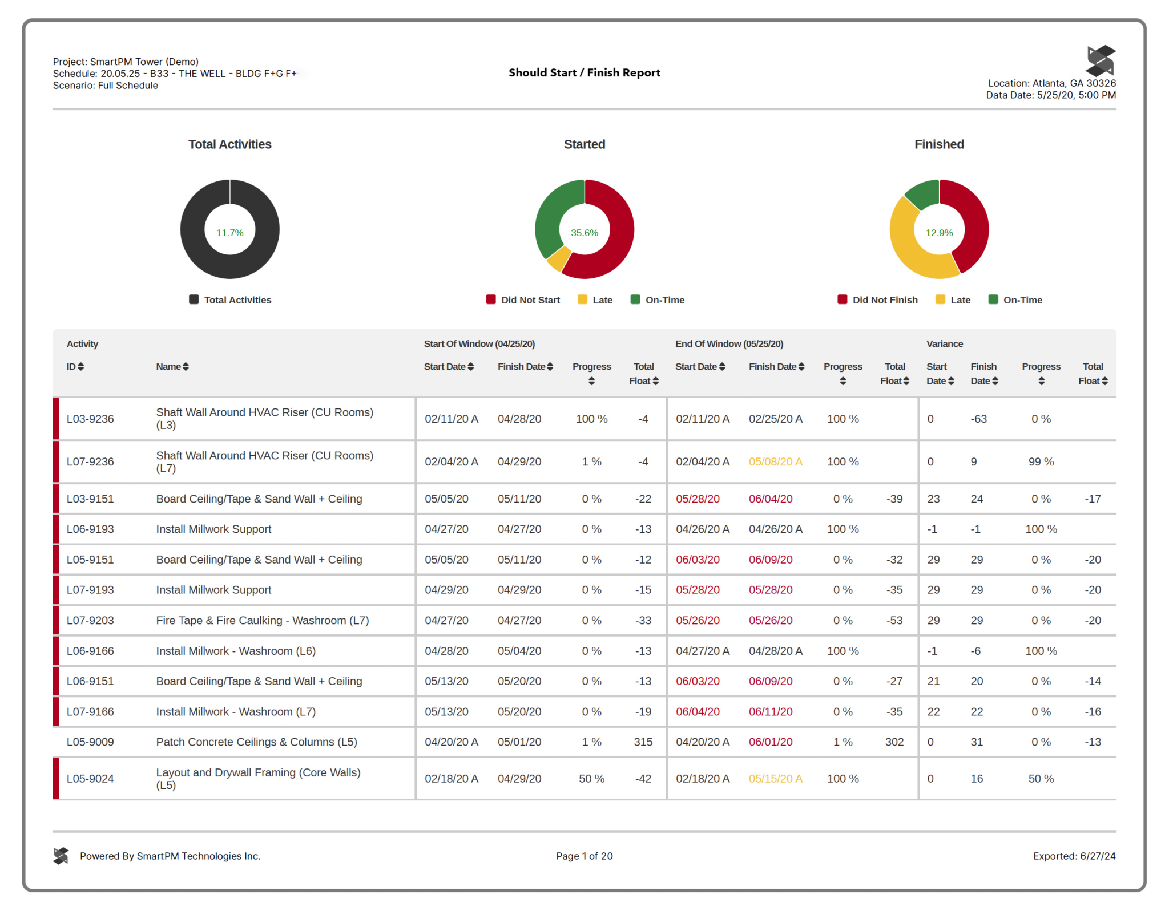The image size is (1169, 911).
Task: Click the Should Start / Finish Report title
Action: (x=584, y=72)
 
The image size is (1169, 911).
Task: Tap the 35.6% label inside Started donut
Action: (x=584, y=233)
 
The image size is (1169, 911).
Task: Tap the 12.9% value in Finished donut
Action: (x=939, y=233)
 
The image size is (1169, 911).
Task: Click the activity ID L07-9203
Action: (x=90, y=621)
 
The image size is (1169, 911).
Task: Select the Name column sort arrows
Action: (x=186, y=367)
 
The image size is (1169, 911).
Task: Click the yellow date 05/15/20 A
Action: (x=775, y=779)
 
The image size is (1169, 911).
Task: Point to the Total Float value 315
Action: (x=643, y=742)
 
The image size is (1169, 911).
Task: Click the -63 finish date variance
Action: (x=978, y=419)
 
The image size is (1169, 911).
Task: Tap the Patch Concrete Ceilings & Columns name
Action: (x=256, y=742)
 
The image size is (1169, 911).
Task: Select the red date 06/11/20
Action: (x=771, y=712)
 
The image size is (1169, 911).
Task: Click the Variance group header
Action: (x=944, y=344)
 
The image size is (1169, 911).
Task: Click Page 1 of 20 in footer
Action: (x=584, y=856)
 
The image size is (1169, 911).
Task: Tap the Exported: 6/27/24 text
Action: (x=1074, y=856)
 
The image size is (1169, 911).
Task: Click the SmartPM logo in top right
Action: (x=1101, y=60)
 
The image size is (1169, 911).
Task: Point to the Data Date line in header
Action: (x=1050, y=95)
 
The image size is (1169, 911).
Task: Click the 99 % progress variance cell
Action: (x=1041, y=462)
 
